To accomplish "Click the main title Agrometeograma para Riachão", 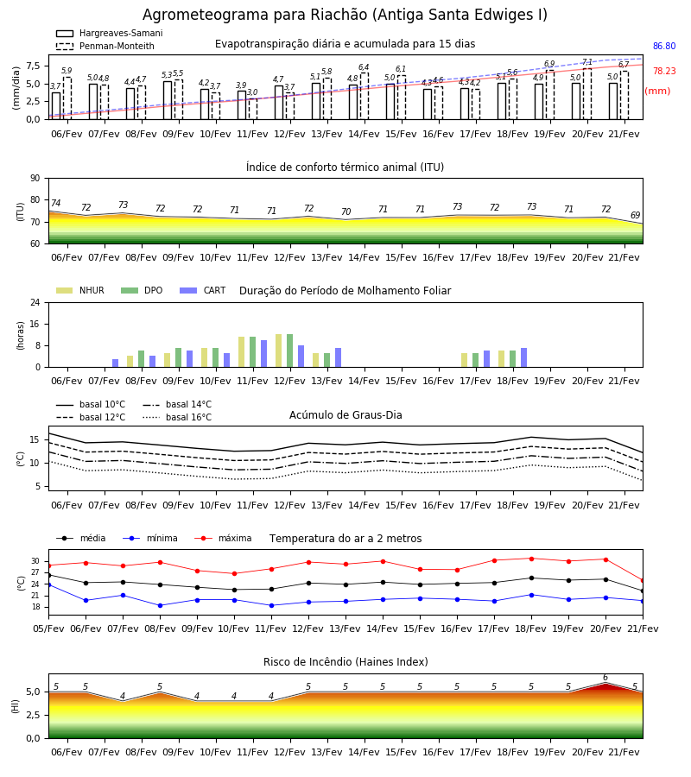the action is (345, 15).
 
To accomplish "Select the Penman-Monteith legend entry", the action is (105, 46).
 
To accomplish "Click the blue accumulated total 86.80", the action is (664, 46).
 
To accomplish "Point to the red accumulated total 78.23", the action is (664, 71).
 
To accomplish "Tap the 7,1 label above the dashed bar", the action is (586, 62).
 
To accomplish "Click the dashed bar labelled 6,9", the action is (550, 95).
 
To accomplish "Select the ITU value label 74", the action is (55, 203).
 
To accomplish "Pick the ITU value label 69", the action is (635, 215).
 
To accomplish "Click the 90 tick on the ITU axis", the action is (35, 179).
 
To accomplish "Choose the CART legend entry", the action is (203, 290).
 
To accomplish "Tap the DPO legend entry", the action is (142, 290).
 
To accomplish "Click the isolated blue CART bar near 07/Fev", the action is (116, 363).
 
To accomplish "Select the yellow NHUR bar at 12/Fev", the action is (279, 351).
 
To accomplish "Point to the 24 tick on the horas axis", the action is (35, 302).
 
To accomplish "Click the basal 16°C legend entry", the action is (177, 417).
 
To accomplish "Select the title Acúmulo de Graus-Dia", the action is (345, 415).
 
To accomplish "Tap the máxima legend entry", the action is (223, 538).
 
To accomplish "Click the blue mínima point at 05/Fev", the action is (49, 585).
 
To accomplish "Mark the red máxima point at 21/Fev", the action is (643, 581).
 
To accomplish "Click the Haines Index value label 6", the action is (605, 678).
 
